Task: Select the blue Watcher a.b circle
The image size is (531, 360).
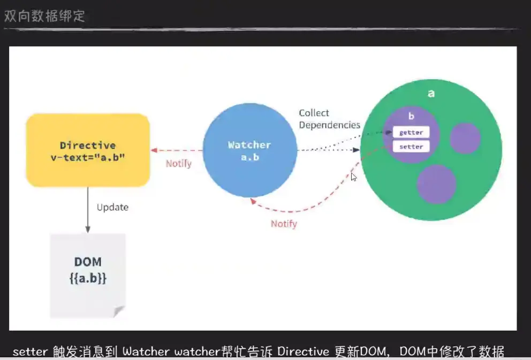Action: click(x=249, y=151)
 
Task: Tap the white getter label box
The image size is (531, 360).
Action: click(x=411, y=132)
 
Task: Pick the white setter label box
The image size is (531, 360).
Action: click(x=411, y=147)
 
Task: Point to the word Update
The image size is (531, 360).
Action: click(x=112, y=207)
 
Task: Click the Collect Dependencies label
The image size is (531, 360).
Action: click(x=329, y=119)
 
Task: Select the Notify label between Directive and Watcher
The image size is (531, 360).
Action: click(x=178, y=163)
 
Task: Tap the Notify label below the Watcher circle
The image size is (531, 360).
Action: click(x=284, y=224)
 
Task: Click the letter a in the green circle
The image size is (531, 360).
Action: click(x=431, y=94)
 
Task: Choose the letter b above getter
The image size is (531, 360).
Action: click(x=411, y=116)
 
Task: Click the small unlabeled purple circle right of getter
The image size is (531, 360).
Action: click(x=465, y=138)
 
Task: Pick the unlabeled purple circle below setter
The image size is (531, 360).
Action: click(x=436, y=183)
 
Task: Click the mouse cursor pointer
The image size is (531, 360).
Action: click(x=353, y=177)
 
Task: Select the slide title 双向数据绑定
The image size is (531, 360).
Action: click(x=44, y=16)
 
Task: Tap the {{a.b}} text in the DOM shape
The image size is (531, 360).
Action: click(x=87, y=279)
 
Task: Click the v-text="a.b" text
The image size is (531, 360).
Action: click(x=88, y=158)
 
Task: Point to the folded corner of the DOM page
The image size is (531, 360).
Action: click(x=119, y=312)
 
